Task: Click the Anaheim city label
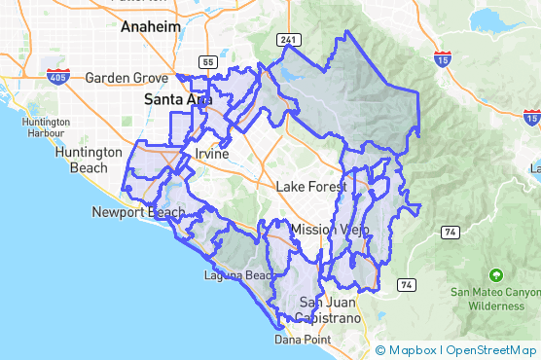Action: point(151,28)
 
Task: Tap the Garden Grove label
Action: point(127,78)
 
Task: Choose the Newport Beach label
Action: point(138,212)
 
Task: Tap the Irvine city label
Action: point(211,155)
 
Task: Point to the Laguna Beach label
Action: point(238,275)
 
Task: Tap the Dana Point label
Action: point(303,340)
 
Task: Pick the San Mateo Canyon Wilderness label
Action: point(496,298)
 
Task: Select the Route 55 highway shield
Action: point(207,62)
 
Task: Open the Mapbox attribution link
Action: point(413,350)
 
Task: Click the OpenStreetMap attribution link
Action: point(491,350)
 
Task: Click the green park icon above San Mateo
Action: point(496,274)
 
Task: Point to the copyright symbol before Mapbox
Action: point(380,350)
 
